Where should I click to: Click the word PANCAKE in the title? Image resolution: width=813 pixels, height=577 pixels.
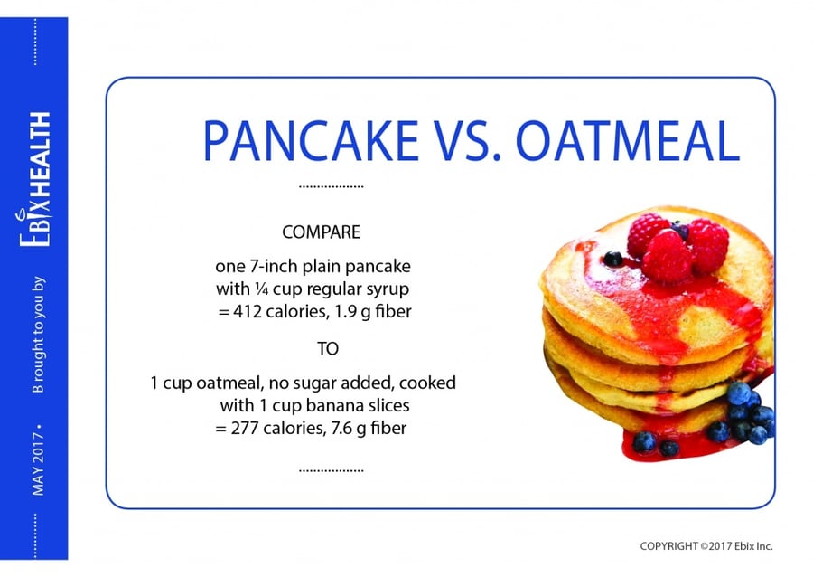(310, 141)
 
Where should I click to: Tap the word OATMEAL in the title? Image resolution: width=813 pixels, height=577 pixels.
(628, 141)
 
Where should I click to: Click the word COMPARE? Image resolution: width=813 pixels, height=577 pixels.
(321, 232)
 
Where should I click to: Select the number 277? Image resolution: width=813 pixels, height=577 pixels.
(245, 428)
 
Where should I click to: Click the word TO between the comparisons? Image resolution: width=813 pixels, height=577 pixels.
(328, 349)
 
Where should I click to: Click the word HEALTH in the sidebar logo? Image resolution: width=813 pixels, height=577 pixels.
(40, 154)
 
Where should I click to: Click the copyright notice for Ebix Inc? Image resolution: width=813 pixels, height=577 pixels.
(706, 546)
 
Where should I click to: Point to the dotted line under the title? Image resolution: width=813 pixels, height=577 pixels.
(332, 186)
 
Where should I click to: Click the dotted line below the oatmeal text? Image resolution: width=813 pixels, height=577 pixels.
(332, 470)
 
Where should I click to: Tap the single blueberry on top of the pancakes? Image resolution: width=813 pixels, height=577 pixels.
(613, 259)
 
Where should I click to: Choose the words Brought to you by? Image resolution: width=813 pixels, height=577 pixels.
(38, 335)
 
